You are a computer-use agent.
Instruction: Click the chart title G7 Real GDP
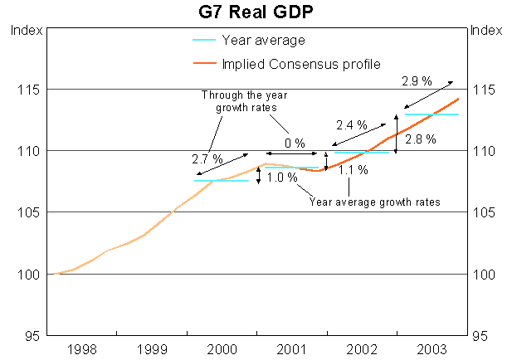(256, 12)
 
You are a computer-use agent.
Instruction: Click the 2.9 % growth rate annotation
(415, 81)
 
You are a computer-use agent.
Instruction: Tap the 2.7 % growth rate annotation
(207, 158)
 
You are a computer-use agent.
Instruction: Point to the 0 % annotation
(294, 143)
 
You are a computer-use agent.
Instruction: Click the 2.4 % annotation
(349, 126)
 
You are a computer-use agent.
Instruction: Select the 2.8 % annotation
(420, 140)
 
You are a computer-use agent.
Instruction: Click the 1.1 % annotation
(353, 170)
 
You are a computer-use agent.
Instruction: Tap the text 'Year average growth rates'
(374, 202)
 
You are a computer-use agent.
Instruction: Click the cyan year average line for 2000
(221, 180)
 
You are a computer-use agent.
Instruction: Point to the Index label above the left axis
(24, 31)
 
